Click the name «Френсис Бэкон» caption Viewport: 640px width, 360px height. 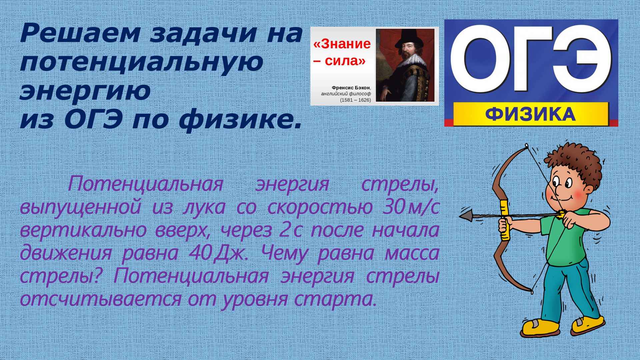pyautogui.click(x=351, y=88)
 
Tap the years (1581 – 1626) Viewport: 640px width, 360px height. pyautogui.click(x=355, y=100)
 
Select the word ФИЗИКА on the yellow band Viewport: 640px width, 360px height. pyautogui.click(x=530, y=114)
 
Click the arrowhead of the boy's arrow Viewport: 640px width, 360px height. pyautogui.click(x=467, y=216)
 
